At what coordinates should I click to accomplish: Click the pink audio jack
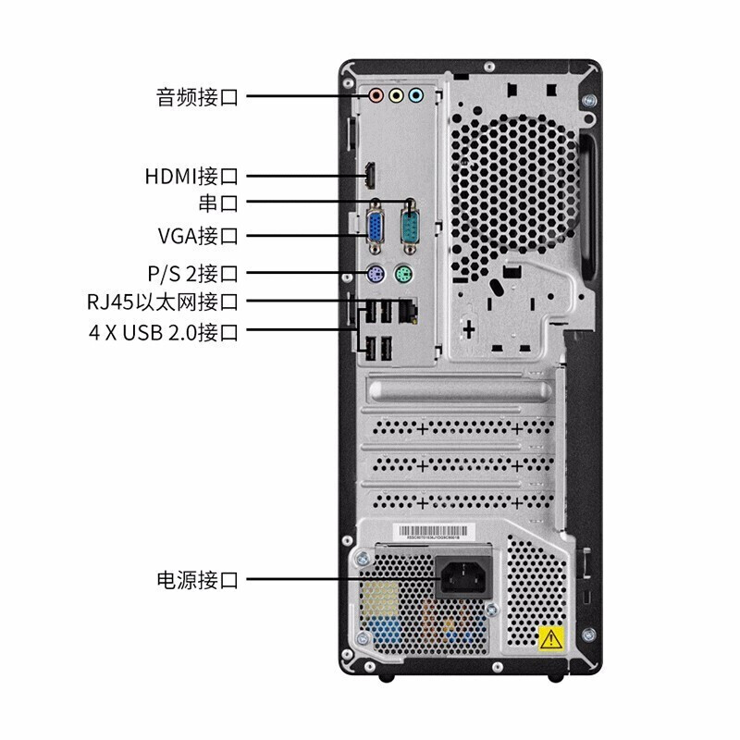(376, 95)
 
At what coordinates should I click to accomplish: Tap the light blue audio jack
(415, 95)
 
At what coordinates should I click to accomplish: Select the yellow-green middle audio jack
(396, 95)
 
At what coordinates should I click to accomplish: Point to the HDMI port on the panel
(369, 174)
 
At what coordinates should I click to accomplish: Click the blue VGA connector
(376, 230)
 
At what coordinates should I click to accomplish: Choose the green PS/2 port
(403, 274)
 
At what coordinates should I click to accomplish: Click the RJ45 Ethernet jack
(407, 313)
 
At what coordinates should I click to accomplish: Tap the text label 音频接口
(197, 95)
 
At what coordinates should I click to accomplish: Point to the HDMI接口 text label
(191, 175)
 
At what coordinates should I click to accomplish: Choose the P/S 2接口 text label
(193, 274)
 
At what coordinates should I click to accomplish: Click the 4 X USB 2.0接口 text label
(164, 330)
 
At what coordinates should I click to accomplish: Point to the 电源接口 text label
(197, 581)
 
